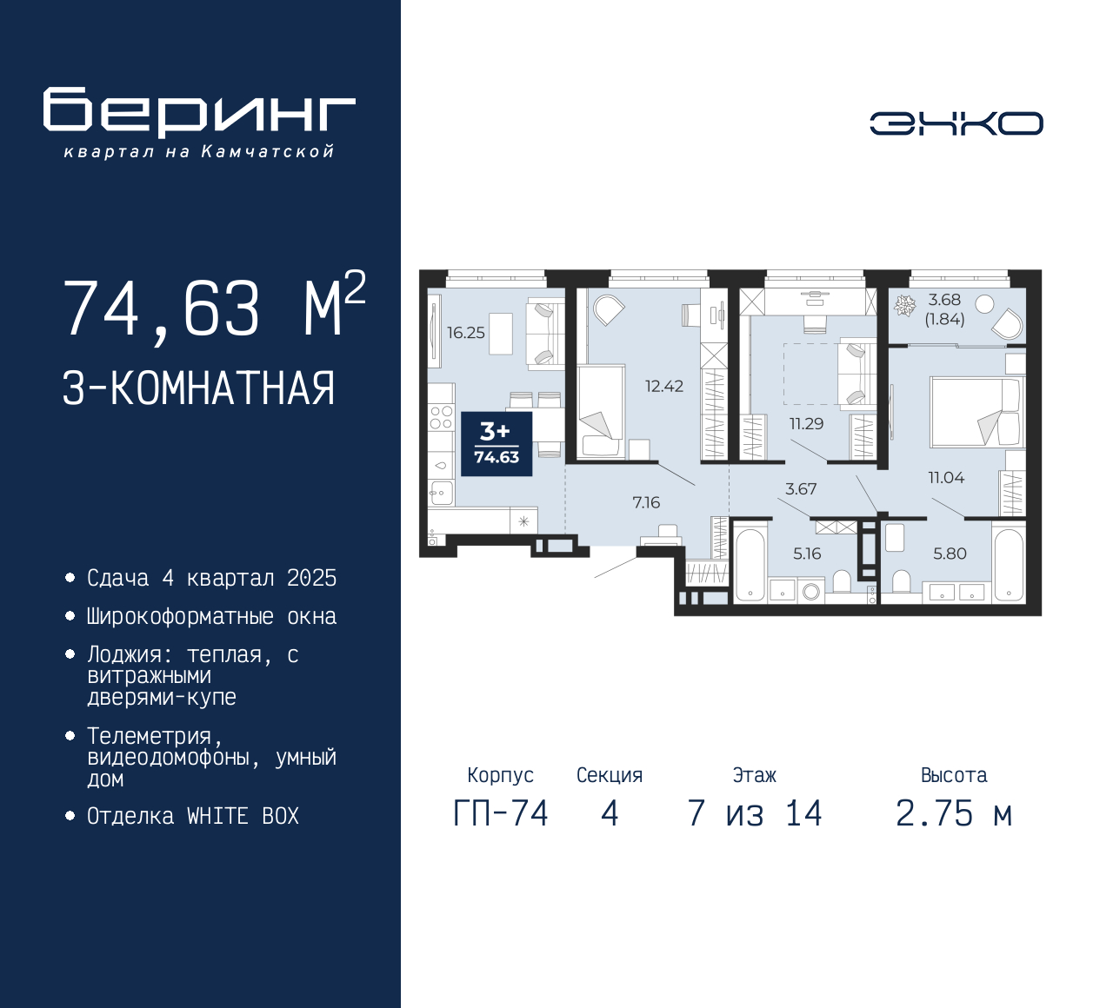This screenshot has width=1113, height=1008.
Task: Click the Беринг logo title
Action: coord(199,111)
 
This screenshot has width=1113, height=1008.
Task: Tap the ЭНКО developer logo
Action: coord(956,123)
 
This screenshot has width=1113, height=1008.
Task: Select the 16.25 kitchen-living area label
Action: coord(466,333)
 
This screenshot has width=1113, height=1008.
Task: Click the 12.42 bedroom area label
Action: coord(664,386)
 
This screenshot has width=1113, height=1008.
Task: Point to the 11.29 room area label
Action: coord(806,423)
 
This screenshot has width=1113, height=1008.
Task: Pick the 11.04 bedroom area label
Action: coord(946,477)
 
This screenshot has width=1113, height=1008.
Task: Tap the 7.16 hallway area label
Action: coord(646,502)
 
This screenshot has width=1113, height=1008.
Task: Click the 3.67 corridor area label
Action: coord(801,488)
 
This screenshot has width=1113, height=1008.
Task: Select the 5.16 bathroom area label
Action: coord(807,554)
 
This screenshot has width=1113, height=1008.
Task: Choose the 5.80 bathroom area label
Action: coord(950,554)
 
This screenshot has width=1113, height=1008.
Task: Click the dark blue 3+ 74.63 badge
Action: coord(497,443)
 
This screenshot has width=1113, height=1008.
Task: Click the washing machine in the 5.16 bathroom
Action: coord(810,591)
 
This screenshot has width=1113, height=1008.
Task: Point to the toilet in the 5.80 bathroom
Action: coord(901,581)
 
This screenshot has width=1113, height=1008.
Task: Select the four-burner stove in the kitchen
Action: coord(442,417)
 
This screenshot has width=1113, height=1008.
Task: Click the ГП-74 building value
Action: coord(501,814)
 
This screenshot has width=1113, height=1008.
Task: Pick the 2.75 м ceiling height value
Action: coord(954,814)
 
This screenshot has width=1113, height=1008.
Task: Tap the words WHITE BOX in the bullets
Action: coord(243,816)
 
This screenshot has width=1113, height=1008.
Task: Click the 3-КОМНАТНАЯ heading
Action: coord(198,388)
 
